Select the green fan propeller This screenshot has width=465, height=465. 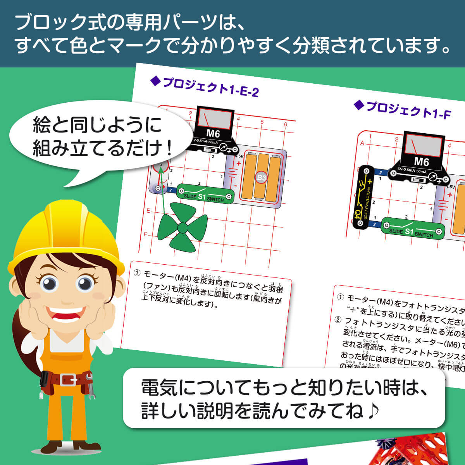pyautogui.click(x=182, y=229)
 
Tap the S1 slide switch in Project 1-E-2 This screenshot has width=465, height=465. pyautogui.click(x=205, y=194)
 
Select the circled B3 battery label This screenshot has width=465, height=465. pyautogui.click(x=262, y=177)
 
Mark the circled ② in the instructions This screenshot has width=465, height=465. pyautogui.click(x=338, y=319)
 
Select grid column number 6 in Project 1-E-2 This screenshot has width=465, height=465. pyautogui.click(x=286, y=124)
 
